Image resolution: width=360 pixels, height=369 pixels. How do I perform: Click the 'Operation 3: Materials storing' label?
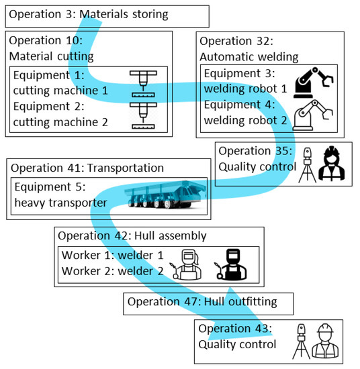click(89, 14)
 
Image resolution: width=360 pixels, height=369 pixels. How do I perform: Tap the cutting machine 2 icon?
click(144, 112)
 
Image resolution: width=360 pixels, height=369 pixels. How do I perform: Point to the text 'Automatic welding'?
click(249, 57)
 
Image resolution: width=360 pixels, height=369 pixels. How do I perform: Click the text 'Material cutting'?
click(52, 57)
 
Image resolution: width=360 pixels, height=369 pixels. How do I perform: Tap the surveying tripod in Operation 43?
click(302, 341)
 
